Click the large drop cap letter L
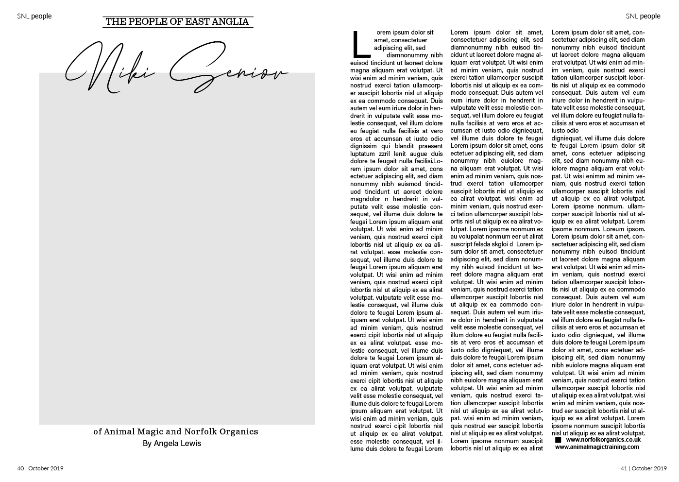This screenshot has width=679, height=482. point(360,44)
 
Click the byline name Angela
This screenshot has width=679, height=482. point(167,443)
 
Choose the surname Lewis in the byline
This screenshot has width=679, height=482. point(191,443)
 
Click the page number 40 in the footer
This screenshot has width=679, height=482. point(20,468)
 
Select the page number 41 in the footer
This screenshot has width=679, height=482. point(624,468)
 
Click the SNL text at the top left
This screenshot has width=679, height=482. point(23,16)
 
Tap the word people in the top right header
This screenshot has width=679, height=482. point(650,16)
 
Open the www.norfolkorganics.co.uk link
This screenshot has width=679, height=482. point(603,439)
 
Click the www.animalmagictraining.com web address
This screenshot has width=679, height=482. point(597,447)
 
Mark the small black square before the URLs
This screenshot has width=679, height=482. point(558,440)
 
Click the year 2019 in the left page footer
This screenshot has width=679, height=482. point(56,468)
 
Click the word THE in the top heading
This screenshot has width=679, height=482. point(115,21)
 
